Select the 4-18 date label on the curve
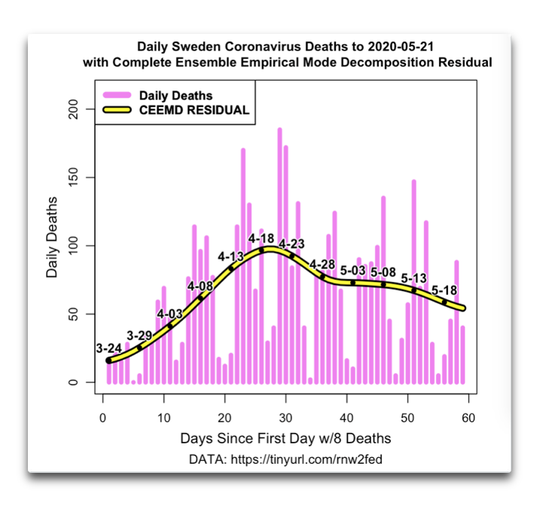261,239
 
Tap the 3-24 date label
110,348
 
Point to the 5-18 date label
445,290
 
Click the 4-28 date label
322,264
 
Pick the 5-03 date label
353,270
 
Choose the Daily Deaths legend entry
176,96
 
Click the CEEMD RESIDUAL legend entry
194,110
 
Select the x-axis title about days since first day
285,438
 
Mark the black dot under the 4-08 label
200,298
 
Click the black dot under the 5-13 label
413,290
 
